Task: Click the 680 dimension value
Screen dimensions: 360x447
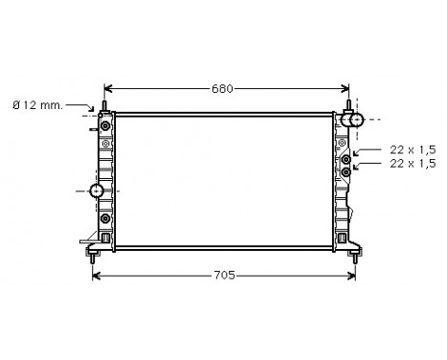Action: tap(222, 89)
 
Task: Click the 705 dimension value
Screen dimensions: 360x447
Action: tap(222, 277)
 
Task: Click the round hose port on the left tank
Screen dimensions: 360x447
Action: tap(97, 191)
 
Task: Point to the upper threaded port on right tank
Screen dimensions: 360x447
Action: tap(346, 160)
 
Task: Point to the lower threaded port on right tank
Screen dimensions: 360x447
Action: tap(346, 172)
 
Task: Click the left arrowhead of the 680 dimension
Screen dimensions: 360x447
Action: tap(107, 89)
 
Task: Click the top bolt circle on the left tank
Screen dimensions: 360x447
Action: tap(104, 125)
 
